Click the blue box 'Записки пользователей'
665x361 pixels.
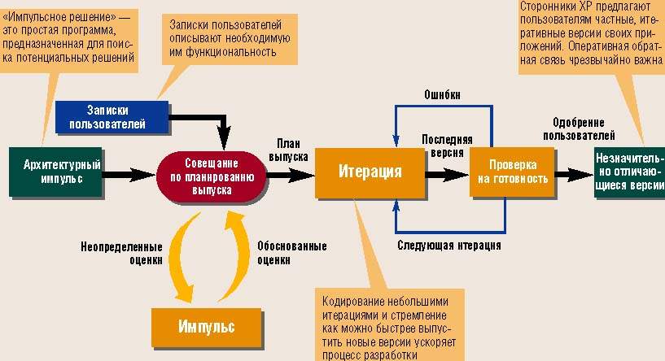point(113,117)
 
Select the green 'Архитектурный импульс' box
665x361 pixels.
point(55,172)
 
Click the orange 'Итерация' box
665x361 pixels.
point(370,172)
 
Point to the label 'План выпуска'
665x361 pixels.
point(289,146)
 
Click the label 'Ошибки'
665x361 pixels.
point(442,94)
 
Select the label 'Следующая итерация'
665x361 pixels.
point(448,245)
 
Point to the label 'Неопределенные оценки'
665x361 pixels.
point(122,253)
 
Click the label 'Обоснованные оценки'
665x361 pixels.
point(291,253)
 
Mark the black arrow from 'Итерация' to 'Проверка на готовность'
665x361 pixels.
point(447,173)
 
